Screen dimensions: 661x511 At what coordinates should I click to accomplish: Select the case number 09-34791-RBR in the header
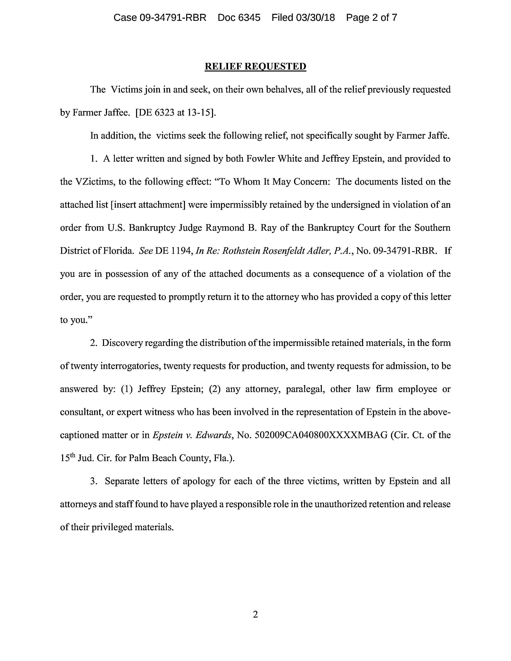[173, 18]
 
